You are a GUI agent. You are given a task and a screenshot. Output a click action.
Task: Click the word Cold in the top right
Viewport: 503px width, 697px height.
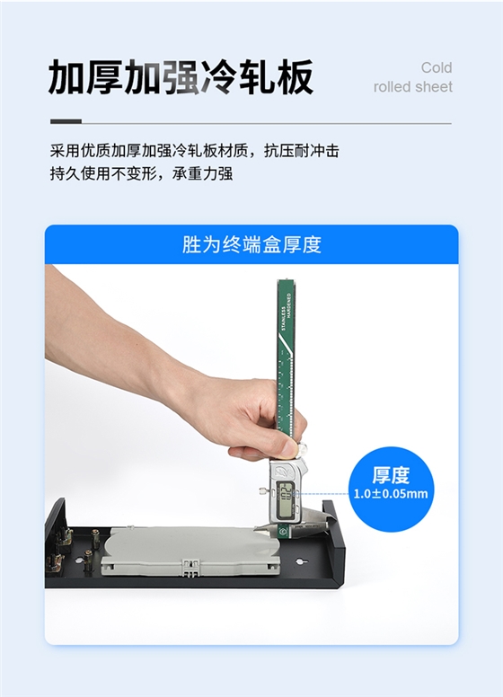437,68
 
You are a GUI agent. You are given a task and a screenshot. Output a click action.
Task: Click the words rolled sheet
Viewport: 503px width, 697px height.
413,87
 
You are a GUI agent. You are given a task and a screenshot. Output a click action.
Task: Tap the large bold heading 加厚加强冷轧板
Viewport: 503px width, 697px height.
181,77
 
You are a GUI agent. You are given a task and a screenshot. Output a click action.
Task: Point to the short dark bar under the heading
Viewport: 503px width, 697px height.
66,121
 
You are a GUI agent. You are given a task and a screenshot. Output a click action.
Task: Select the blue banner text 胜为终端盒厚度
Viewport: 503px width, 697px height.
251,244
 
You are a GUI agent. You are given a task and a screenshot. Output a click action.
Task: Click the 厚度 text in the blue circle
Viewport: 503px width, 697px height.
391,475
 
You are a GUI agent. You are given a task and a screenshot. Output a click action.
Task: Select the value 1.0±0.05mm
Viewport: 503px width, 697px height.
391,494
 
